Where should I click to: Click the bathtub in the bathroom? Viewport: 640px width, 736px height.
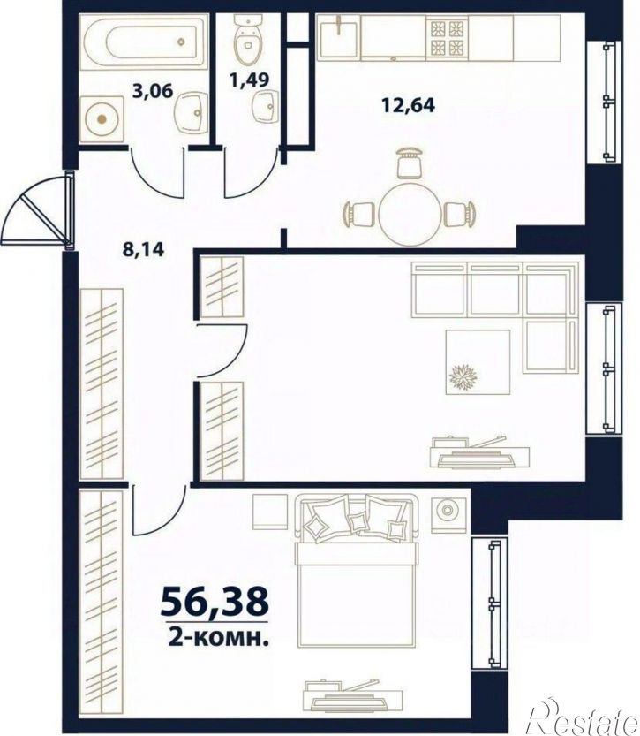(143, 42)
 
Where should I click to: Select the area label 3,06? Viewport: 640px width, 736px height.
(153, 90)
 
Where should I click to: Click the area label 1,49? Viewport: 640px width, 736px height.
(250, 80)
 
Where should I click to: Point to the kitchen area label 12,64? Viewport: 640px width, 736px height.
(408, 104)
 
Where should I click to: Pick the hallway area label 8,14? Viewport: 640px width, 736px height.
(144, 249)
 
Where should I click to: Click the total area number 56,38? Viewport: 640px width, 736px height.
(215, 603)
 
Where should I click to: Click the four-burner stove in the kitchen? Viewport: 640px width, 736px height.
(447, 37)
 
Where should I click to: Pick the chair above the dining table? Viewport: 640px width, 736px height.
(410, 163)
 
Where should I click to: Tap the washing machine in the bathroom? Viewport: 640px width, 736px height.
(102, 119)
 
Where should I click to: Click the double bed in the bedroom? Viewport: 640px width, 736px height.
(357, 570)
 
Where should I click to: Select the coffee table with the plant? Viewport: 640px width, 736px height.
(478, 362)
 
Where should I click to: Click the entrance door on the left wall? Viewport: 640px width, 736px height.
(37, 209)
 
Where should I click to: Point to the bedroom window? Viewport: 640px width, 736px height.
(490, 603)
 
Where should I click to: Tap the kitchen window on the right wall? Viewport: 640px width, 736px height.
(605, 102)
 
